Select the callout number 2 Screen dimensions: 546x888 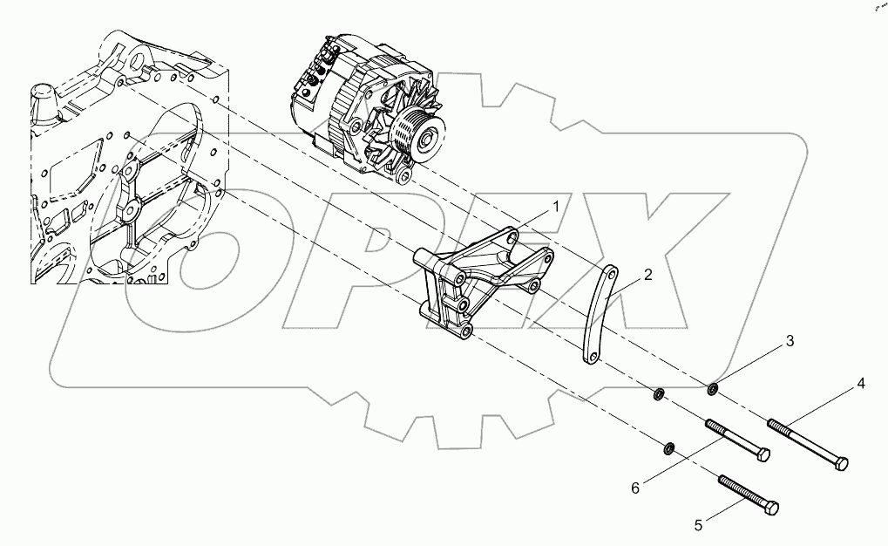(x=647, y=275)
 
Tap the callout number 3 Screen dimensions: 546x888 (x=790, y=342)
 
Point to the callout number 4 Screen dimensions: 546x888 (x=860, y=383)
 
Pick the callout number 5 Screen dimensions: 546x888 (x=697, y=525)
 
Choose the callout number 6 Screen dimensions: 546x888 (x=635, y=488)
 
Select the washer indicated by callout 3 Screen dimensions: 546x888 (x=713, y=387)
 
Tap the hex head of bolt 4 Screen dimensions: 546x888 (x=840, y=464)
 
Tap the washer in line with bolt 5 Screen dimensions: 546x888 (x=668, y=448)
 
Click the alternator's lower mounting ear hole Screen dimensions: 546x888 (x=403, y=178)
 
